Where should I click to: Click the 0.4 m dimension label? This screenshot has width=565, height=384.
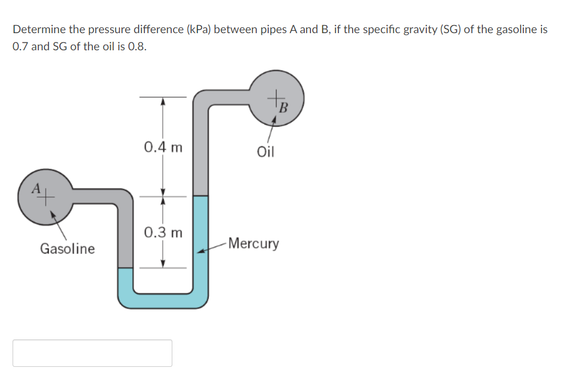coord(163,147)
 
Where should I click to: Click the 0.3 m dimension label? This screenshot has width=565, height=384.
coord(163,233)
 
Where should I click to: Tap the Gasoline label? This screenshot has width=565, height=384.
coord(67,249)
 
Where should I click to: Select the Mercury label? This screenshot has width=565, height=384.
coord(253,244)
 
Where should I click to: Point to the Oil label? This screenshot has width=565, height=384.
coord(265,152)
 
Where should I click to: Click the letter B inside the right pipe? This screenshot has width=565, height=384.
coord(284,106)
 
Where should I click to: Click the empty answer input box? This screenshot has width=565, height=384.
coord(92,353)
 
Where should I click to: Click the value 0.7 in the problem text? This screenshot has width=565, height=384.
coord(21,47)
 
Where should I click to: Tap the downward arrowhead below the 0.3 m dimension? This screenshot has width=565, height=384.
coord(163,264)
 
